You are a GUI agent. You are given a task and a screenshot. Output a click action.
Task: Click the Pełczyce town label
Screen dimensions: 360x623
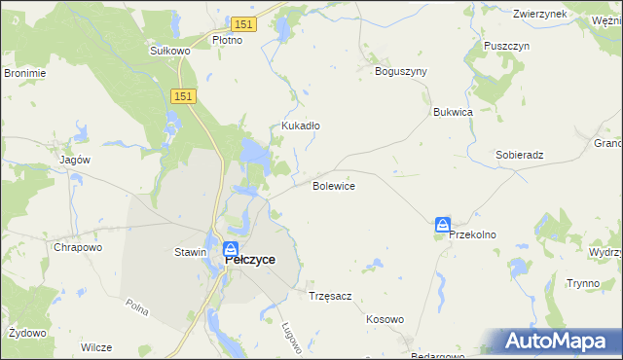(x=250, y=260)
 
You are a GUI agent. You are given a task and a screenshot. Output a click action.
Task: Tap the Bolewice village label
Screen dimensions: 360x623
(x=333, y=185)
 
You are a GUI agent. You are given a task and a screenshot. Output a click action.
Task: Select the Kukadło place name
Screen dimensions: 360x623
(x=301, y=126)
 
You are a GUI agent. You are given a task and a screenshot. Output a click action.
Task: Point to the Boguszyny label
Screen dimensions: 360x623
(x=401, y=71)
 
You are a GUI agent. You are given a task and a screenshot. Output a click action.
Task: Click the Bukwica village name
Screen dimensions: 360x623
(x=453, y=112)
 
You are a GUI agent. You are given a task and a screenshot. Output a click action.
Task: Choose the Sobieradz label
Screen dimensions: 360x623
(x=519, y=155)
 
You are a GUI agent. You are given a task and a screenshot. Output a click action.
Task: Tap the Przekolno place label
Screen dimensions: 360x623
(x=472, y=234)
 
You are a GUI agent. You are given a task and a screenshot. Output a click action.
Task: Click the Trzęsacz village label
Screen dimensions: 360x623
(x=329, y=295)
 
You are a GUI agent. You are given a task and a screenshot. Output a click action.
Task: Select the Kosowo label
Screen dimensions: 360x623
(x=385, y=319)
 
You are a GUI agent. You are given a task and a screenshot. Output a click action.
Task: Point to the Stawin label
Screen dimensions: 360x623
(x=190, y=252)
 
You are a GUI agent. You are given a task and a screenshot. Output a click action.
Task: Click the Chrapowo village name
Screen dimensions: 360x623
(x=79, y=247)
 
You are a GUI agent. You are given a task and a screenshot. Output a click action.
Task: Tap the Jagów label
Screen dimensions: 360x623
(x=75, y=160)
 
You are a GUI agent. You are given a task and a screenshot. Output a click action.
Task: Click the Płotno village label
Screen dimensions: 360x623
(x=234, y=41)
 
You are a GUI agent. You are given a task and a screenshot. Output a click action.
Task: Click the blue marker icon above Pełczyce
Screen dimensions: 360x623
(x=232, y=248)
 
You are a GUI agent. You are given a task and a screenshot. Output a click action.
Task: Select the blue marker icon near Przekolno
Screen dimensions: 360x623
(x=443, y=225)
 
